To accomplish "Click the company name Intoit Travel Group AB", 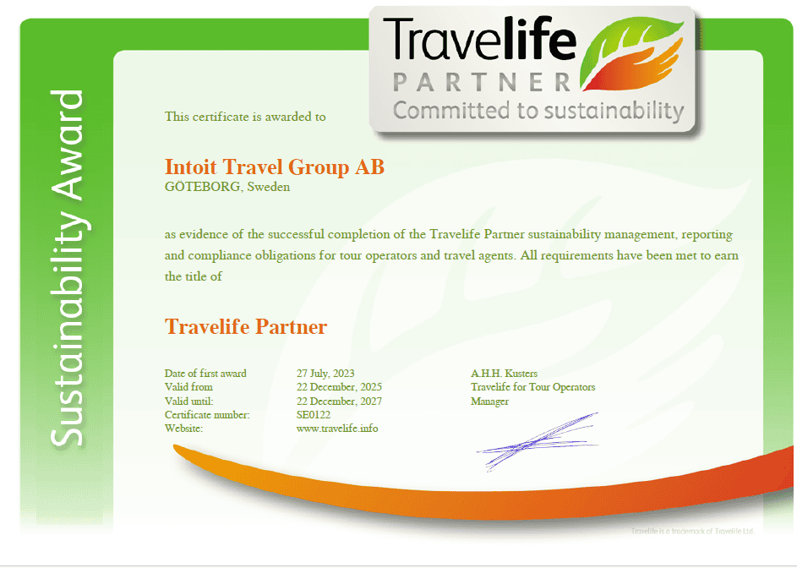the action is pos(275,167).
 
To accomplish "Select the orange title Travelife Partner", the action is pos(246,327).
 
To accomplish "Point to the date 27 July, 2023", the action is pos(325,374).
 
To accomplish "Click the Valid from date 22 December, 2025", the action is pos(339,387).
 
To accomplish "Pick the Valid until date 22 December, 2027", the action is pos(339,401).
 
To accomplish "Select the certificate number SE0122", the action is pos(313,415).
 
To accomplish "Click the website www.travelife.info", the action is pos(337,429).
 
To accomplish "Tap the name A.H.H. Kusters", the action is pos(504,374).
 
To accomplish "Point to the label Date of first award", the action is pos(205,374).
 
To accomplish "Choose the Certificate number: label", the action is pos(207,415).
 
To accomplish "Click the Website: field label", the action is pos(183,429).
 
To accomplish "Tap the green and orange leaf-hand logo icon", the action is pos(632,54).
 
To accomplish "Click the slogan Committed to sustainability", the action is pos(538,111).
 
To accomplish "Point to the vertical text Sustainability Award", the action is pos(67,269).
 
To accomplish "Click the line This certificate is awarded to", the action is pos(245,117).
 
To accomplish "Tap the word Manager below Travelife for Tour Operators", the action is pos(489,401).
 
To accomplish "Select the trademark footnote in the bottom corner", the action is pos(692,531).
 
